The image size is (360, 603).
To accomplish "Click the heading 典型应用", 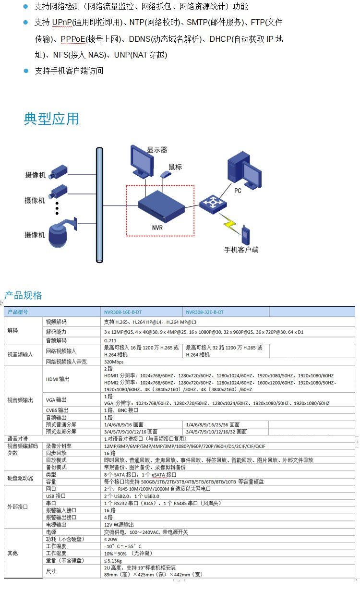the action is click(x=51, y=119).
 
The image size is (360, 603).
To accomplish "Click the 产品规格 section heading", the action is click(x=23, y=295).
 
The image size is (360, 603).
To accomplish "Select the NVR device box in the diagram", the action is click(x=161, y=206).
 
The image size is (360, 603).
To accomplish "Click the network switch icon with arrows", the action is click(x=213, y=205).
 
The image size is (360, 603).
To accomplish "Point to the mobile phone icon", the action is click(x=245, y=235).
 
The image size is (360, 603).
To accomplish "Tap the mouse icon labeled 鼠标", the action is click(x=166, y=174).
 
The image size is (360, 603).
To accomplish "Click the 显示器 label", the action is click(x=157, y=150).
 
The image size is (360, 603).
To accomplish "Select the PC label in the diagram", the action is click(x=238, y=191).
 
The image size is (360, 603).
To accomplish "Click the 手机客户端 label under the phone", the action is click(x=241, y=250).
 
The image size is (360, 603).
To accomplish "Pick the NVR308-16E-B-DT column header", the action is click(x=123, y=312).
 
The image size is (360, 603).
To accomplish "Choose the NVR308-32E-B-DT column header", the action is click(x=205, y=312).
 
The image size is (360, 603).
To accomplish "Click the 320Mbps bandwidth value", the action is click(x=114, y=362).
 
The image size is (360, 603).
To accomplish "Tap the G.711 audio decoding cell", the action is click(x=110, y=340).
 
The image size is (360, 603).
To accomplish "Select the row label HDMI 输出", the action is click(x=58, y=379).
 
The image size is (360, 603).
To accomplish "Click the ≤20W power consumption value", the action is click(x=111, y=539).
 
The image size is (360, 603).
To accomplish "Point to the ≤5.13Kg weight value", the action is click(x=113, y=561).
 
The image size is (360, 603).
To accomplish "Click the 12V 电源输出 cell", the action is click(x=119, y=525).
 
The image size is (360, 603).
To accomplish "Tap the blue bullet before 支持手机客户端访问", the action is click(x=26, y=71).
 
